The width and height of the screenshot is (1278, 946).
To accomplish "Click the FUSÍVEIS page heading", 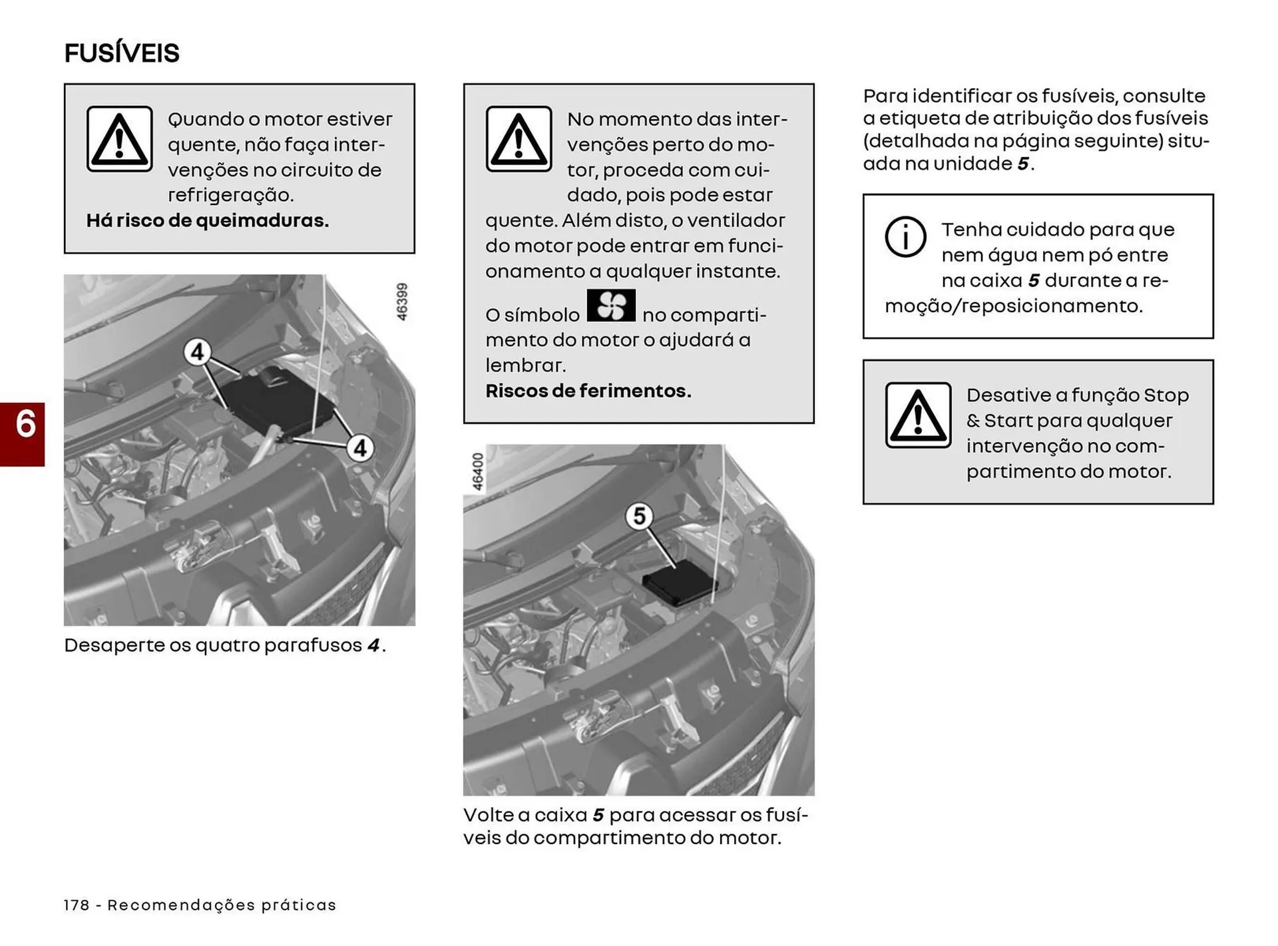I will coord(122,53).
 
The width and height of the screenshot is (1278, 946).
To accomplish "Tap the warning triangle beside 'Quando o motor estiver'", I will coord(119,139).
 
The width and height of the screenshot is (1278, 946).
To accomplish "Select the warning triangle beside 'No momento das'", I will coord(519,139).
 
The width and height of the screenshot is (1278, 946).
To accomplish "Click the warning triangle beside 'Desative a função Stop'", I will coord(918,415).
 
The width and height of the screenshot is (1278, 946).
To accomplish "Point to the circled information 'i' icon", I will coord(905,236).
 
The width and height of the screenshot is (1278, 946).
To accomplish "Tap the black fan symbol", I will coord(611,306).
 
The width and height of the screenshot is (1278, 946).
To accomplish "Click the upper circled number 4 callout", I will coord(197,352).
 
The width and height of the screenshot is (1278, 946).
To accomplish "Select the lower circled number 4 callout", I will coord(360,448).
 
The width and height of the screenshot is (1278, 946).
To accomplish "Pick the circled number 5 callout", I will coord(639,516).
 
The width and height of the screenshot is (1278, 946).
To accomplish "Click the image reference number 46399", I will coord(402,302).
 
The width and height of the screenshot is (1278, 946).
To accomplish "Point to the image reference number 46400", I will coord(477,471).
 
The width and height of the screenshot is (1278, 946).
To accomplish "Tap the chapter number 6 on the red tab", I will coord(25,424).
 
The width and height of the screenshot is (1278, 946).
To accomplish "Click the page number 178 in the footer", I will coord(77,905).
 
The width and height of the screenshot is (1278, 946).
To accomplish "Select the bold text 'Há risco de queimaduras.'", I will coord(208,220).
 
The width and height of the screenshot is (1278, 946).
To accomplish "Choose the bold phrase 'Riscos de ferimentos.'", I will coord(588,391).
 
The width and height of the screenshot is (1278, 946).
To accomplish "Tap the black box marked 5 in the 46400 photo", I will coord(679,583).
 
